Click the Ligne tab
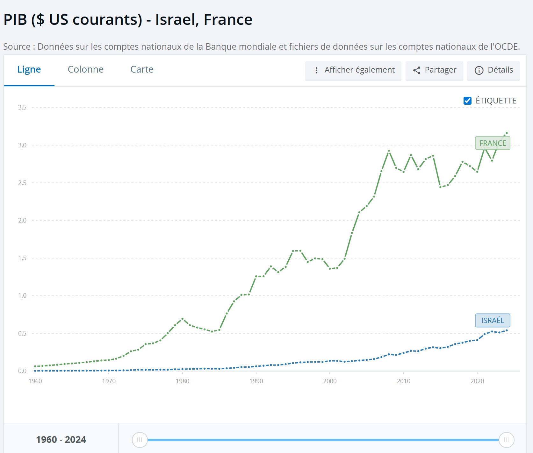pyautogui.click(x=29, y=70)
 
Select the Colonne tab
pyautogui.click(x=86, y=70)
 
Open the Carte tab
pyautogui.click(x=142, y=70)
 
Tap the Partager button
pyautogui.click(x=434, y=70)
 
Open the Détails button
pyautogui.click(x=493, y=70)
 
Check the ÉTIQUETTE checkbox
pyautogui.click(x=467, y=101)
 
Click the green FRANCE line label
pyautogui.click(x=493, y=143)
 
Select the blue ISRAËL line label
pyautogui.click(x=493, y=321)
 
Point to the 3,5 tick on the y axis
pyautogui.click(x=22, y=108)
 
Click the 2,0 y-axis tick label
pyautogui.click(x=22, y=221)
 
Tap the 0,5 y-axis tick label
pyautogui.click(x=22, y=333)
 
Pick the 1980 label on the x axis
pyautogui.click(x=183, y=381)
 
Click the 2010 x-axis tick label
pyautogui.click(x=403, y=381)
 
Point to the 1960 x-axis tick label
pyautogui.click(x=35, y=381)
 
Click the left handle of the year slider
pyautogui.click(x=140, y=440)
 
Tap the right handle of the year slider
pyautogui.click(x=506, y=440)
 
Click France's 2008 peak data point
pyautogui.click(x=389, y=151)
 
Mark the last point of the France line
pyautogui.click(x=507, y=133)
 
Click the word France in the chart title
pyautogui.click(x=228, y=20)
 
